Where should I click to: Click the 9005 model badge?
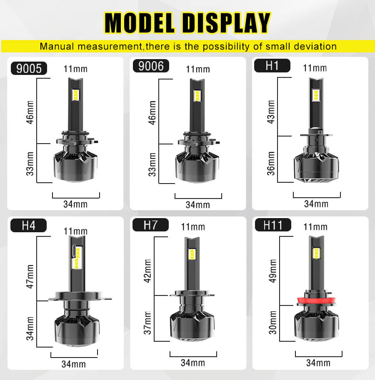point(29,68)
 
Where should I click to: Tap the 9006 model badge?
point(151,66)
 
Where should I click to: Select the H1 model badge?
point(272,66)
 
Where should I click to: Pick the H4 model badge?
point(29,226)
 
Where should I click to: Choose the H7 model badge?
point(150,225)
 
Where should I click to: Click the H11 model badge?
point(273,225)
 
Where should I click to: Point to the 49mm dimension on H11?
point(272,271)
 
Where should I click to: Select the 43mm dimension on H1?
point(271,112)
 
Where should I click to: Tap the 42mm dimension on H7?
point(147,271)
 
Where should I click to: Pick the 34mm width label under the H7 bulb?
point(193,363)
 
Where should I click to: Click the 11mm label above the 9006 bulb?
point(198,69)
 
